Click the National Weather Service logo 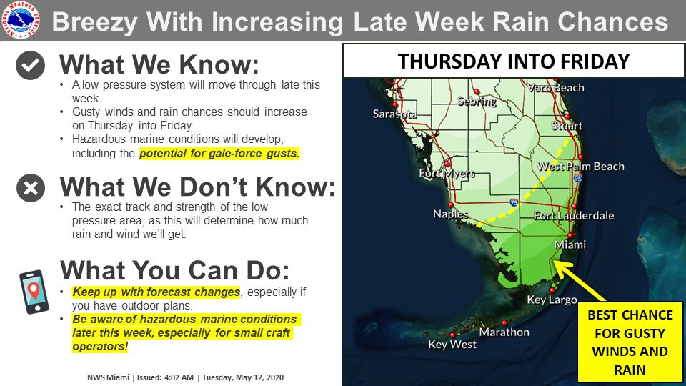coord(21,20)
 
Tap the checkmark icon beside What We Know coord(30,65)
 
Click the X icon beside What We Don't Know coord(31,188)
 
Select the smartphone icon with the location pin coord(34,292)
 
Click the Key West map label coord(452,345)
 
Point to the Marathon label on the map coord(504,332)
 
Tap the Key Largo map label coord(552,300)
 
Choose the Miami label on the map coord(570,244)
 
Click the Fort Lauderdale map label coord(574,215)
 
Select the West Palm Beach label coord(580,167)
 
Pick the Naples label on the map coord(451,214)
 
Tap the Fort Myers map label coord(447,173)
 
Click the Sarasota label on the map coord(394,114)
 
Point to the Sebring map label coord(477,101)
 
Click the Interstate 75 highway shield coord(514,202)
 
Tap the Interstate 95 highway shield coord(578,178)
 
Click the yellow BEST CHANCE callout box coord(630,342)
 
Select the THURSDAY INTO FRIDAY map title coord(513,61)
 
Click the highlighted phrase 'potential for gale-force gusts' coord(219,153)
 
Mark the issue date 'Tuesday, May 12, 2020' coord(243,377)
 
